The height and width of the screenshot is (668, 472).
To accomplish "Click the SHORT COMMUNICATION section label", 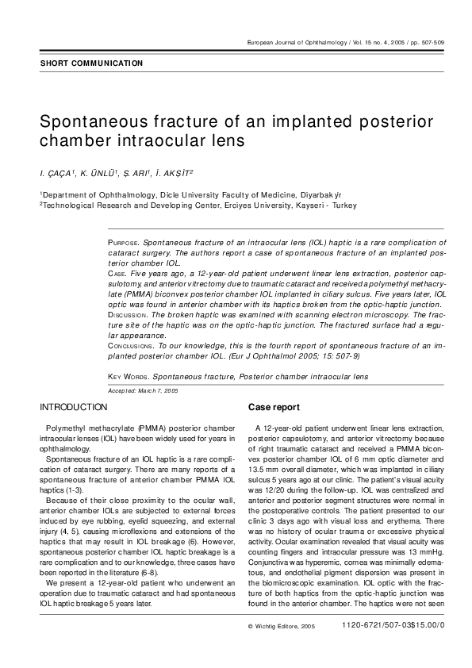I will point(91,63).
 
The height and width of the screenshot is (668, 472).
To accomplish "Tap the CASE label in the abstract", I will point(117,273).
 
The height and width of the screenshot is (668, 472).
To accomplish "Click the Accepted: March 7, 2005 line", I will point(143,391).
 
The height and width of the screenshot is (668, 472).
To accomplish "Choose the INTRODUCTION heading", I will point(74,407).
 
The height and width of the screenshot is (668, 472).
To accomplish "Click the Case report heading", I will point(274,407).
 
